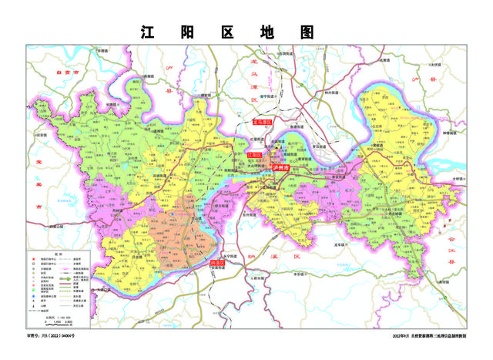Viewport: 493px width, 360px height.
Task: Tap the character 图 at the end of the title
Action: (x=309, y=32)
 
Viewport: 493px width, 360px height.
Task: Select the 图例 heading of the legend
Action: (x=59, y=251)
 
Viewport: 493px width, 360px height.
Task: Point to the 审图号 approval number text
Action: (x=53, y=338)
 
